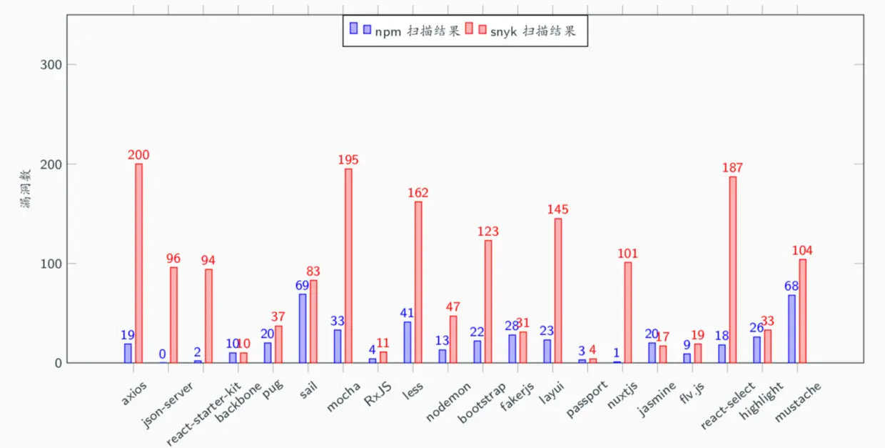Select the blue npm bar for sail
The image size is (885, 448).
(x=303, y=328)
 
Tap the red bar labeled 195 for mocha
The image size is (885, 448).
(x=348, y=265)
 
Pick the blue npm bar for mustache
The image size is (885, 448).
(x=792, y=329)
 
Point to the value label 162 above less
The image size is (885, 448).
(x=418, y=193)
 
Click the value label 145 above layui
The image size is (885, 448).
(x=558, y=209)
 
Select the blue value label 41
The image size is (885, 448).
(x=407, y=312)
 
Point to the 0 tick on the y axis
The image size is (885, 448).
(x=58, y=363)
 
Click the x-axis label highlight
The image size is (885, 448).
(x=762, y=399)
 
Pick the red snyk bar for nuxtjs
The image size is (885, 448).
(x=627, y=312)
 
